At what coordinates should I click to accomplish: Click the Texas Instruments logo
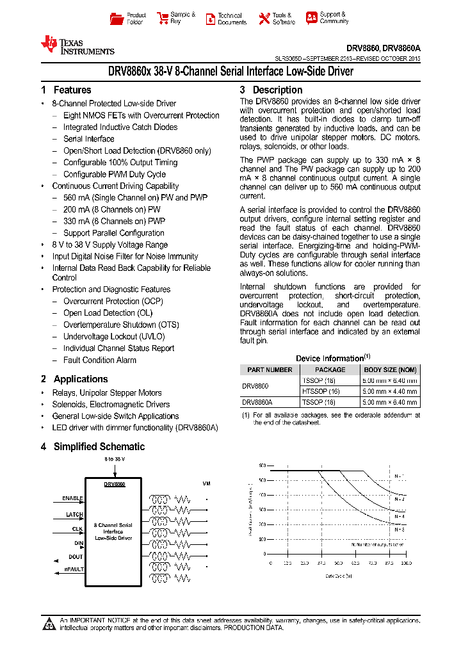click(77, 44)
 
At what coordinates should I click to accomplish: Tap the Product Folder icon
click(117, 19)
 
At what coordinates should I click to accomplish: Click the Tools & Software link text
click(284, 19)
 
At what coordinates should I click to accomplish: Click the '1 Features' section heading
click(66, 90)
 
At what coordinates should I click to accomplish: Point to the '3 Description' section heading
click(271, 90)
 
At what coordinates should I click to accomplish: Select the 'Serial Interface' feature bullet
click(88, 139)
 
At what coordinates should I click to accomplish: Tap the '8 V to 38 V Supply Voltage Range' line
click(109, 245)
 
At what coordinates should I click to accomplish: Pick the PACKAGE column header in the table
click(330, 370)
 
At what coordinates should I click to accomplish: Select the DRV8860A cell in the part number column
click(257, 403)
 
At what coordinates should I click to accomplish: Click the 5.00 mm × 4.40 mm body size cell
click(390, 391)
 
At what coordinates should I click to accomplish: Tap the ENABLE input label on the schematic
click(73, 498)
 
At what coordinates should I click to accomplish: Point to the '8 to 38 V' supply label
click(115, 459)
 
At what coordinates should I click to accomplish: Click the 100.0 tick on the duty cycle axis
click(406, 563)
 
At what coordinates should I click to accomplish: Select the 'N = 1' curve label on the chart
click(399, 476)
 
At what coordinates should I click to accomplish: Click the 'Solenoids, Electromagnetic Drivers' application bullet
click(111, 405)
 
